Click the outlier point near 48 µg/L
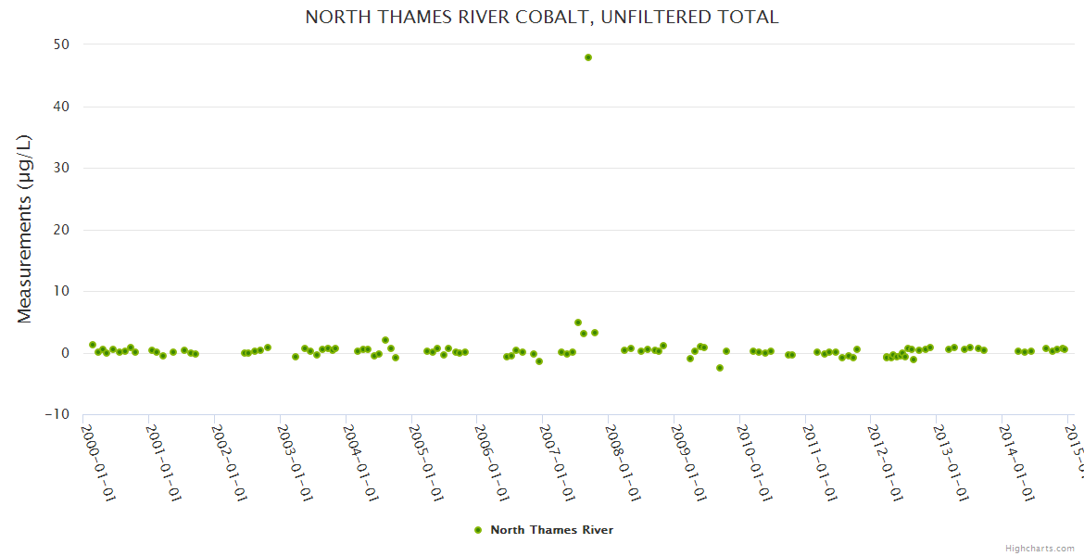588,57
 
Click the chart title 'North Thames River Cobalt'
542,18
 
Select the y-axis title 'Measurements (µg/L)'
24,229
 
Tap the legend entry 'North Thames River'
551,530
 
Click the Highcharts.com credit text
1040,549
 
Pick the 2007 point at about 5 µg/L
578,322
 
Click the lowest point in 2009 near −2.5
720,368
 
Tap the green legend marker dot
478,530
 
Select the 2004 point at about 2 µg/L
385,340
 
